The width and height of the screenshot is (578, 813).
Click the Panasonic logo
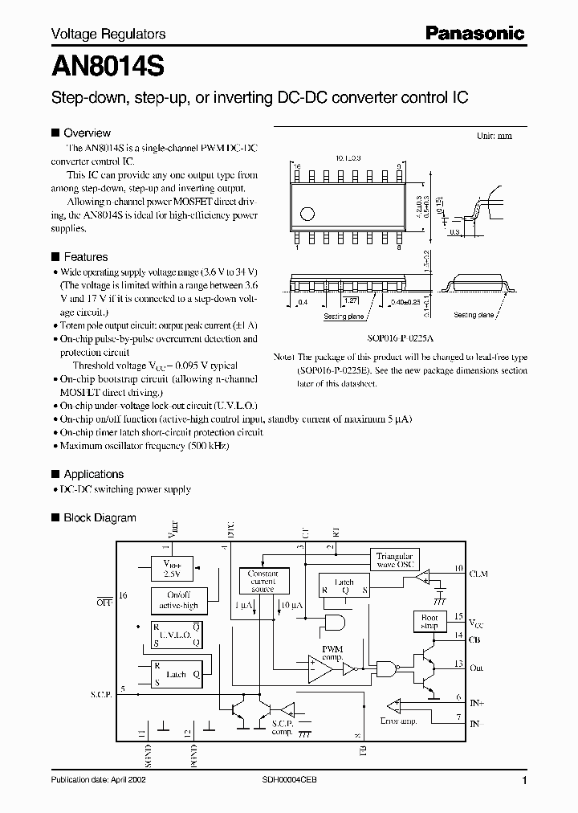474,34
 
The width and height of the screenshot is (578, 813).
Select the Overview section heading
87,133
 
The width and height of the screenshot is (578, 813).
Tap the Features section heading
85,257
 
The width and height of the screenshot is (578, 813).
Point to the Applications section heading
93,474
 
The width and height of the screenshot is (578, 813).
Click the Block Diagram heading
100,518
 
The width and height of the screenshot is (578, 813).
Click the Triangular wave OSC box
394,560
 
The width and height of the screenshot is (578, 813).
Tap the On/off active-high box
176,600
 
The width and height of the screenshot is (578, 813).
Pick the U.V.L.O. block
176,635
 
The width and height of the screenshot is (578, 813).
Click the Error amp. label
400,721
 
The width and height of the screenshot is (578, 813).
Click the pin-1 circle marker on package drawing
306,214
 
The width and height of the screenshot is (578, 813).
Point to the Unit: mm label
494,137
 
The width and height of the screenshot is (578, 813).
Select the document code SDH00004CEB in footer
289,780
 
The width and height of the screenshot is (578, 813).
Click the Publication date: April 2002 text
98,780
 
